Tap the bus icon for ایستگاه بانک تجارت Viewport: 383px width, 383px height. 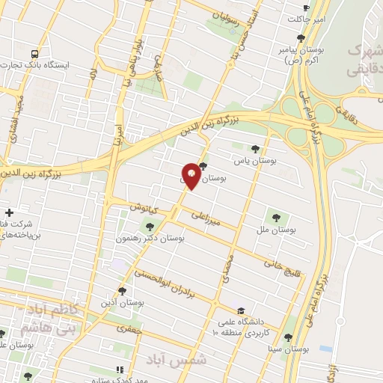[34, 54]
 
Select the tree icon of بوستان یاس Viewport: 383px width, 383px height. [256, 148]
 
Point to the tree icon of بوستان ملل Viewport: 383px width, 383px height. [277, 217]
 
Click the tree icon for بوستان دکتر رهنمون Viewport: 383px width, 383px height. [152, 227]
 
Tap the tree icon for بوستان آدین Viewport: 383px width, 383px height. [123, 290]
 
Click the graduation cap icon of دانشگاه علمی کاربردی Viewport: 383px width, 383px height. [240, 311]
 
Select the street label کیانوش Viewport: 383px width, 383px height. [143, 206]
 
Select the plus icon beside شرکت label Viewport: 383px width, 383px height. [9, 212]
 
